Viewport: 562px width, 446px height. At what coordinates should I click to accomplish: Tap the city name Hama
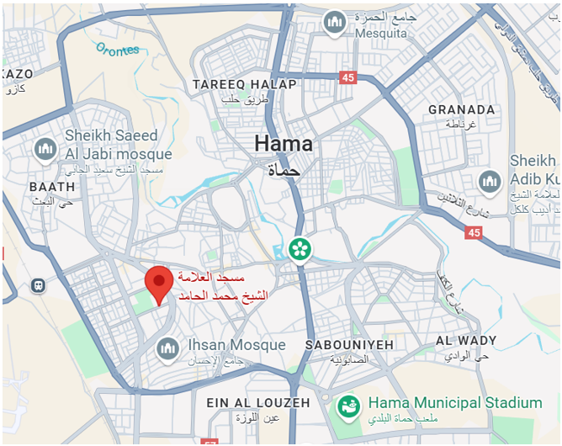284,144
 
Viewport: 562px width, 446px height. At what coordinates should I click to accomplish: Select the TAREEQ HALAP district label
244,84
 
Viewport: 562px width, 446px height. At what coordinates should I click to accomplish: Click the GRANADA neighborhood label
461,109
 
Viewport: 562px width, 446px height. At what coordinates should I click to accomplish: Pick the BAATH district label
52,186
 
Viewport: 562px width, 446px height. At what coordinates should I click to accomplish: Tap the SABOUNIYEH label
337,345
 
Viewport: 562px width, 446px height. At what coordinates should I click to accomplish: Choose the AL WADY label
466,341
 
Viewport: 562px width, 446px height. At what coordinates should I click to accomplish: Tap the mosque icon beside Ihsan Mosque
168,347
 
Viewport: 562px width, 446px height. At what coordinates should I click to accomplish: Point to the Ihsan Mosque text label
236,345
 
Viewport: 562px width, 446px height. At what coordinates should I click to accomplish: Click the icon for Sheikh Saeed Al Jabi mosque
45,150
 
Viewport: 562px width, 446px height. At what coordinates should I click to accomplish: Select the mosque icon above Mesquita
336,22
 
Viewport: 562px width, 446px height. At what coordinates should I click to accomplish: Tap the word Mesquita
380,33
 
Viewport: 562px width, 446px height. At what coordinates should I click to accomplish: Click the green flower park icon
299,248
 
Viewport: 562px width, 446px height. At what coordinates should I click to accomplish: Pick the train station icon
39,285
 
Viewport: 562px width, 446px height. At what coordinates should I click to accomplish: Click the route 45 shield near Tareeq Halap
347,77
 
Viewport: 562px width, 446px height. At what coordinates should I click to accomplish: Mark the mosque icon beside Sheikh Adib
490,181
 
